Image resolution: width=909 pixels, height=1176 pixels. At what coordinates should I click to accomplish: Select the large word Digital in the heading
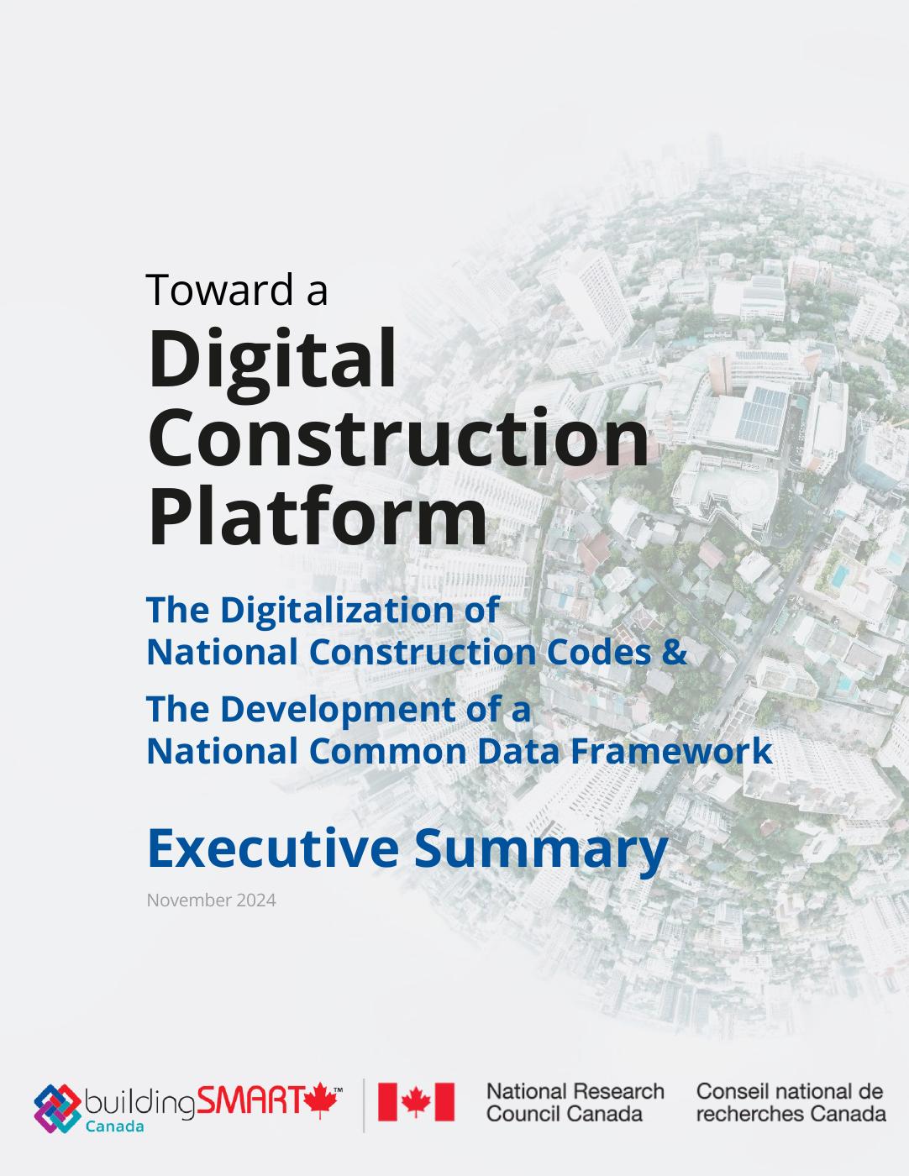click(273, 359)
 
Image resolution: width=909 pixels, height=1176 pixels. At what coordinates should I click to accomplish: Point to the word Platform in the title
click(318, 517)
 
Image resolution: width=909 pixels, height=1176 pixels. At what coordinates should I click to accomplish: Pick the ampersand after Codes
click(675, 652)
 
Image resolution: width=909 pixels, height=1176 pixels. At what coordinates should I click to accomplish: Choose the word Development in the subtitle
click(339, 710)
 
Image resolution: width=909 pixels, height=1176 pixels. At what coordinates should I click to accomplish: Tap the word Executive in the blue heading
click(273, 848)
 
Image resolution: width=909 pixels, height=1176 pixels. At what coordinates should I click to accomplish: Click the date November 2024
click(212, 900)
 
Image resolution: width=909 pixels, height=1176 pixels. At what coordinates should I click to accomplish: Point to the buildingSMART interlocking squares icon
click(57, 1108)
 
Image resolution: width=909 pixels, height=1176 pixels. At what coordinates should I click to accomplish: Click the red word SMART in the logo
click(250, 1100)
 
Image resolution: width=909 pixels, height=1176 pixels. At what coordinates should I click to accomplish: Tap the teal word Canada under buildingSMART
click(115, 1126)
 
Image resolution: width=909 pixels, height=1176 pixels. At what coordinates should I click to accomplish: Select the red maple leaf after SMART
click(321, 1100)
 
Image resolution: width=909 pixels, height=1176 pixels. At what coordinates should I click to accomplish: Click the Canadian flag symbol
click(416, 1101)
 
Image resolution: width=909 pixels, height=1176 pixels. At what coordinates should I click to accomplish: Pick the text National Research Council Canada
click(575, 1102)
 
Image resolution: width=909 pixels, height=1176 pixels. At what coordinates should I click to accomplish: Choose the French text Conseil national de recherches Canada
click(791, 1102)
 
